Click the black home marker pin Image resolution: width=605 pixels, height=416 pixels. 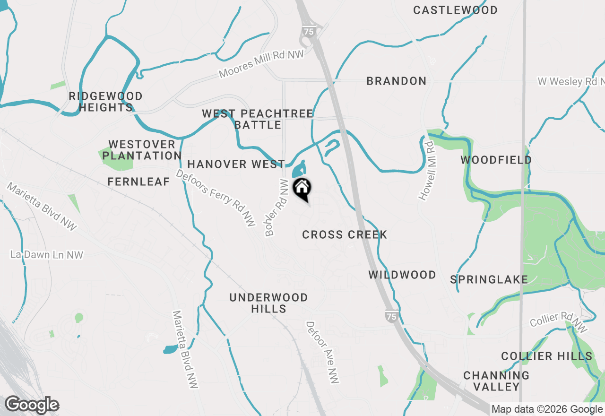tap(302, 188)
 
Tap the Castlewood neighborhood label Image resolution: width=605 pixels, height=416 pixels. tap(455, 10)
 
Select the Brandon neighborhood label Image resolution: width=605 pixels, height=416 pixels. tap(397, 81)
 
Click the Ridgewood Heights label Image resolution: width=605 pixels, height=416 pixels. tap(105, 102)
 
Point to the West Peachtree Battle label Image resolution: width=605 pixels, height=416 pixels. tap(258, 119)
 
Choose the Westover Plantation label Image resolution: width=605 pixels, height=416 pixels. tap(142, 150)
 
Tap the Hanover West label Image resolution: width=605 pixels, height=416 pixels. tap(236, 165)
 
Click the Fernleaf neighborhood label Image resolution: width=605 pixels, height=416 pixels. tap(138, 182)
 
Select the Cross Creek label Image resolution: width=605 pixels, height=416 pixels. tap(345, 234)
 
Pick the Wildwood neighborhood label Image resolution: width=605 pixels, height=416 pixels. tap(402, 275)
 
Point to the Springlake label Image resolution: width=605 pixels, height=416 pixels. tap(489, 279)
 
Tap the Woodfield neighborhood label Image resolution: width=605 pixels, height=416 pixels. tap(496, 160)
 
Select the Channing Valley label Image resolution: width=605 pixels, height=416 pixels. tap(496, 381)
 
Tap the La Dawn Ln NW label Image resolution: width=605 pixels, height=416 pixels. tap(47, 255)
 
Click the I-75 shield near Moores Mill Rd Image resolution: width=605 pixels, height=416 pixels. tap(308, 31)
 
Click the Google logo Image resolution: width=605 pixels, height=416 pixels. tap(32, 405)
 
